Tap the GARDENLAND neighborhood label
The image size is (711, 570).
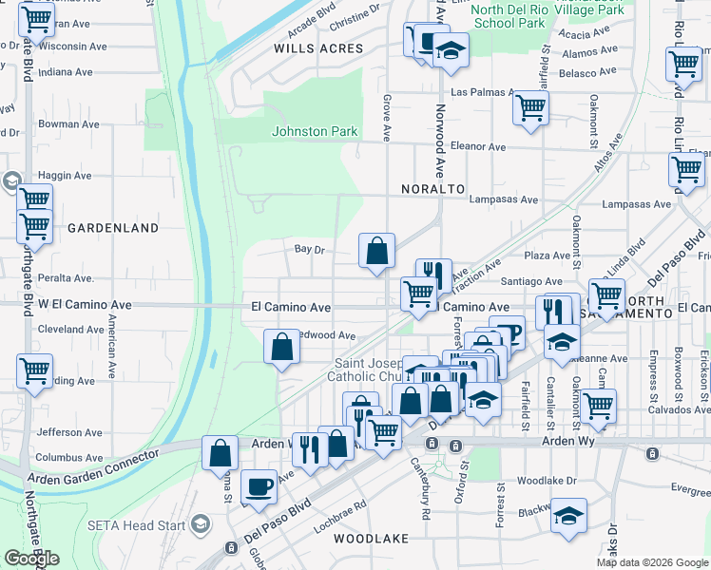coord(113,228)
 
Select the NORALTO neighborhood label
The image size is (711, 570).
coord(432,189)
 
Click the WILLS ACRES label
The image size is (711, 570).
coord(318,47)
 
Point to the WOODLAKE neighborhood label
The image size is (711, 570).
coord(371,539)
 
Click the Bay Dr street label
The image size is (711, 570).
coord(310,249)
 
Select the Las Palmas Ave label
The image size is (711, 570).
coord(482,93)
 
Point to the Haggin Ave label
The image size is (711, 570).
coord(65,176)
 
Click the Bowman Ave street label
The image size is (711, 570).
coord(65,123)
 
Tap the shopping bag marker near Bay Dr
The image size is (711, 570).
coord(377,252)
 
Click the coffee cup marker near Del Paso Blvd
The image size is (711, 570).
coord(259,487)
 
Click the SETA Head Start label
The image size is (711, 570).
coord(138,524)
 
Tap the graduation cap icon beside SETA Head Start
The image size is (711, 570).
coord(202,524)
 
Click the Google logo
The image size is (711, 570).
coord(31,559)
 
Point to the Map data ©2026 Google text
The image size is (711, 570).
coord(651,562)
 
